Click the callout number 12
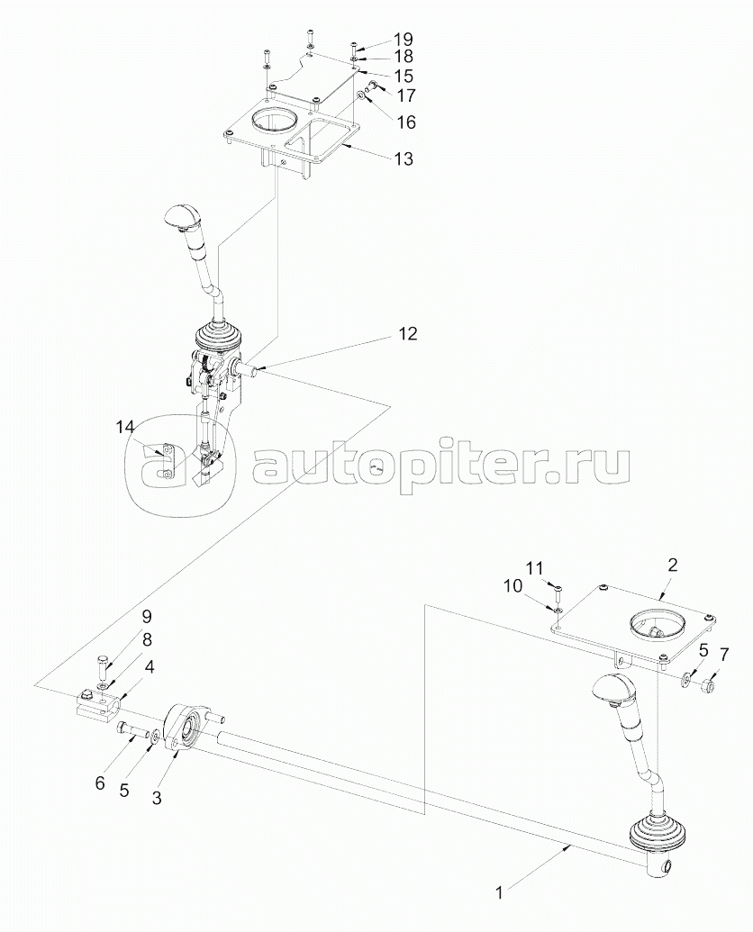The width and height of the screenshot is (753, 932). pyautogui.click(x=407, y=333)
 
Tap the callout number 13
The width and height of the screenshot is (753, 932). pyautogui.click(x=403, y=159)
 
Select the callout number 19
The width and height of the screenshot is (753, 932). pyautogui.click(x=403, y=40)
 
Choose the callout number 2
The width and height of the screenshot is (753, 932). pyautogui.click(x=672, y=565)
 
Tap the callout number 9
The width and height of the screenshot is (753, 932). pyautogui.click(x=146, y=617)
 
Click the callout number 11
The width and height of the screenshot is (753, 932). pyautogui.click(x=534, y=567)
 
